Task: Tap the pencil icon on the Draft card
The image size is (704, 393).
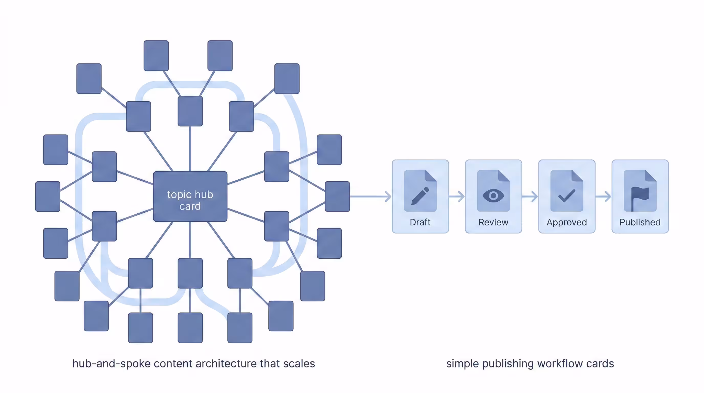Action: (x=420, y=196)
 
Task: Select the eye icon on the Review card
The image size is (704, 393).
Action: (x=493, y=196)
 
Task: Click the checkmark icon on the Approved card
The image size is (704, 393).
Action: (x=567, y=196)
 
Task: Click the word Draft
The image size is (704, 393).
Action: (x=420, y=222)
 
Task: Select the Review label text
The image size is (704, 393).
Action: (x=493, y=222)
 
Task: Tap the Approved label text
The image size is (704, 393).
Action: (x=567, y=222)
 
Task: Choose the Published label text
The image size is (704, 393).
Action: (x=640, y=222)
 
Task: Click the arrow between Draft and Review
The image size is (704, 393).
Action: (x=457, y=196)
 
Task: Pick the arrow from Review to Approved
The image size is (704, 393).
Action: (x=530, y=196)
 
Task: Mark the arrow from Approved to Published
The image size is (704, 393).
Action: (x=603, y=196)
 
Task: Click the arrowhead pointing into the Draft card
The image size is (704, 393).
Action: (x=388, y=196)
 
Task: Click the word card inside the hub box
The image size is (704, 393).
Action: (x=190, y=206)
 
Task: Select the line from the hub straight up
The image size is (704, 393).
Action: (x=190, y=149)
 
